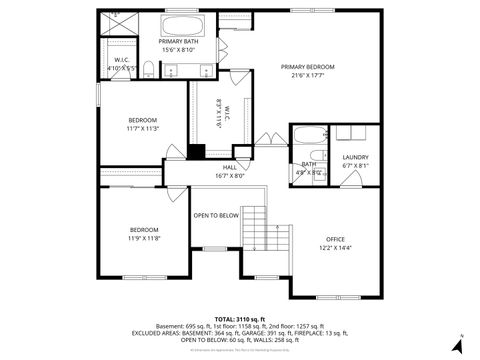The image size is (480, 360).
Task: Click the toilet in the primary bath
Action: coord(147,68)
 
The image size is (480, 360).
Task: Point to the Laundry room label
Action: coord(355,157)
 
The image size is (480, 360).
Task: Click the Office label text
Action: coord(335,239)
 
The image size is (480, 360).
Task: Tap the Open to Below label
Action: coord(216,215)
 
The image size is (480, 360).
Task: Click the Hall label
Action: coord(229,167)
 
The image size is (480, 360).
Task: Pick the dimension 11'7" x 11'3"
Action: coord(142,128)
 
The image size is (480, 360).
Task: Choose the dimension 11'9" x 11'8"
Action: coord(144,239)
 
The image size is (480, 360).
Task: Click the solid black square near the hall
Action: coord(196,152)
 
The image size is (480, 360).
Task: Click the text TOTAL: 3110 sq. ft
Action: coord(240,317)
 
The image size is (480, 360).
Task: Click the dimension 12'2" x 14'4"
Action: coord(335,248)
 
